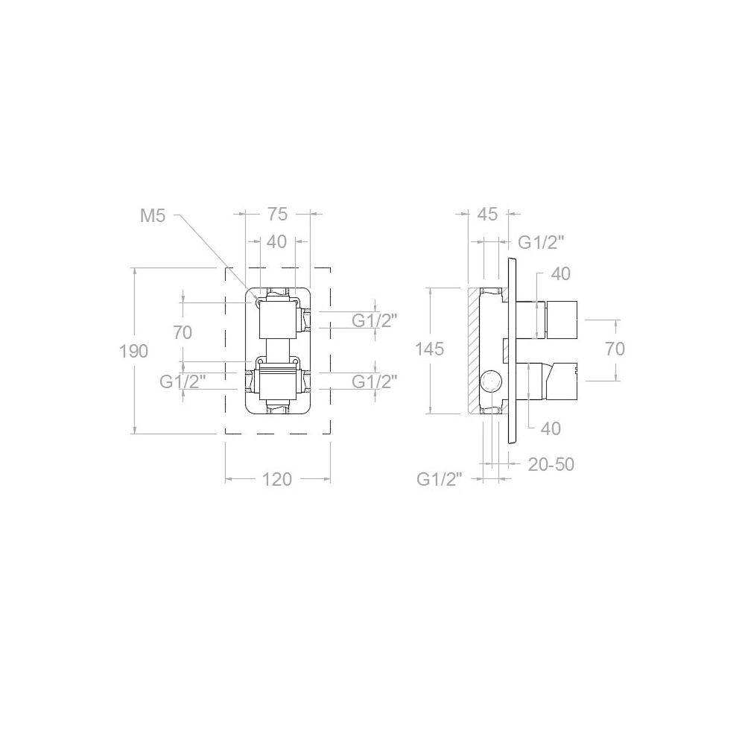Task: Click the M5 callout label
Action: tap(153, 216)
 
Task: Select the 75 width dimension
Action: tap(277, 215)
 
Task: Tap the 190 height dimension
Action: tap(134, 351)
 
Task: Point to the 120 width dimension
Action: tap(277, 479)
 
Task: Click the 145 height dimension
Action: tap(430, 349)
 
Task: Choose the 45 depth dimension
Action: tap(486, 215)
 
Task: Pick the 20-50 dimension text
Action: tap(551, 464)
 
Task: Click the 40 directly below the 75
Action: tap(277, 242)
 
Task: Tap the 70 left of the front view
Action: tap(183, 332)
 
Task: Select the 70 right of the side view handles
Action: tap(615, 349)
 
